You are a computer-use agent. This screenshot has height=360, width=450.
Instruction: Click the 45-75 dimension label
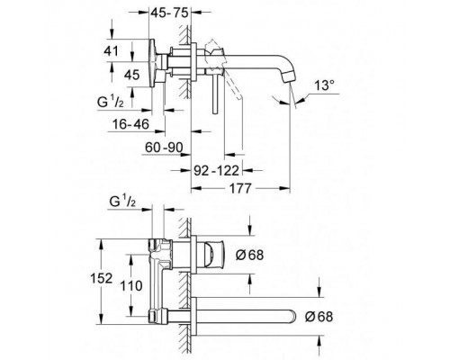point(169,13)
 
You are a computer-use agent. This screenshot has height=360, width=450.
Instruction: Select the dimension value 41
point(111,51)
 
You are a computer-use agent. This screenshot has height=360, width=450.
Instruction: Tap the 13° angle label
point(324,85)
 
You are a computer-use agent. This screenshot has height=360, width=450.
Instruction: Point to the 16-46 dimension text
point(130,124)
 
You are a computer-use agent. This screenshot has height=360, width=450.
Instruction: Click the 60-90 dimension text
point(164,148)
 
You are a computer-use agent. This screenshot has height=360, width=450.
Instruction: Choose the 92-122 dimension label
point(216,171)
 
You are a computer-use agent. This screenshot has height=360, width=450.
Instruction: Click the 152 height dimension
point(102,278)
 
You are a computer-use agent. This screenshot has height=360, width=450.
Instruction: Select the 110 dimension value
point(131,285)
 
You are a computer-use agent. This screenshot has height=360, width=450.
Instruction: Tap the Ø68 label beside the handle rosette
point(249,255)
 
